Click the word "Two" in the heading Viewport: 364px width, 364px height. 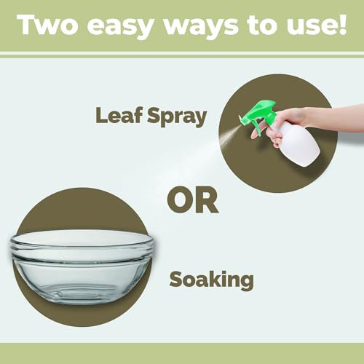48,25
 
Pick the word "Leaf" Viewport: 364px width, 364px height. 119,115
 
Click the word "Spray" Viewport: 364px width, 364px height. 177,117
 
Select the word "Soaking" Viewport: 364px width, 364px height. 212,280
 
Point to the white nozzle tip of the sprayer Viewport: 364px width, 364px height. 241,119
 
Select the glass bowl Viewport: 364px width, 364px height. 82,266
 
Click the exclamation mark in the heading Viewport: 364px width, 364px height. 343,24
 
